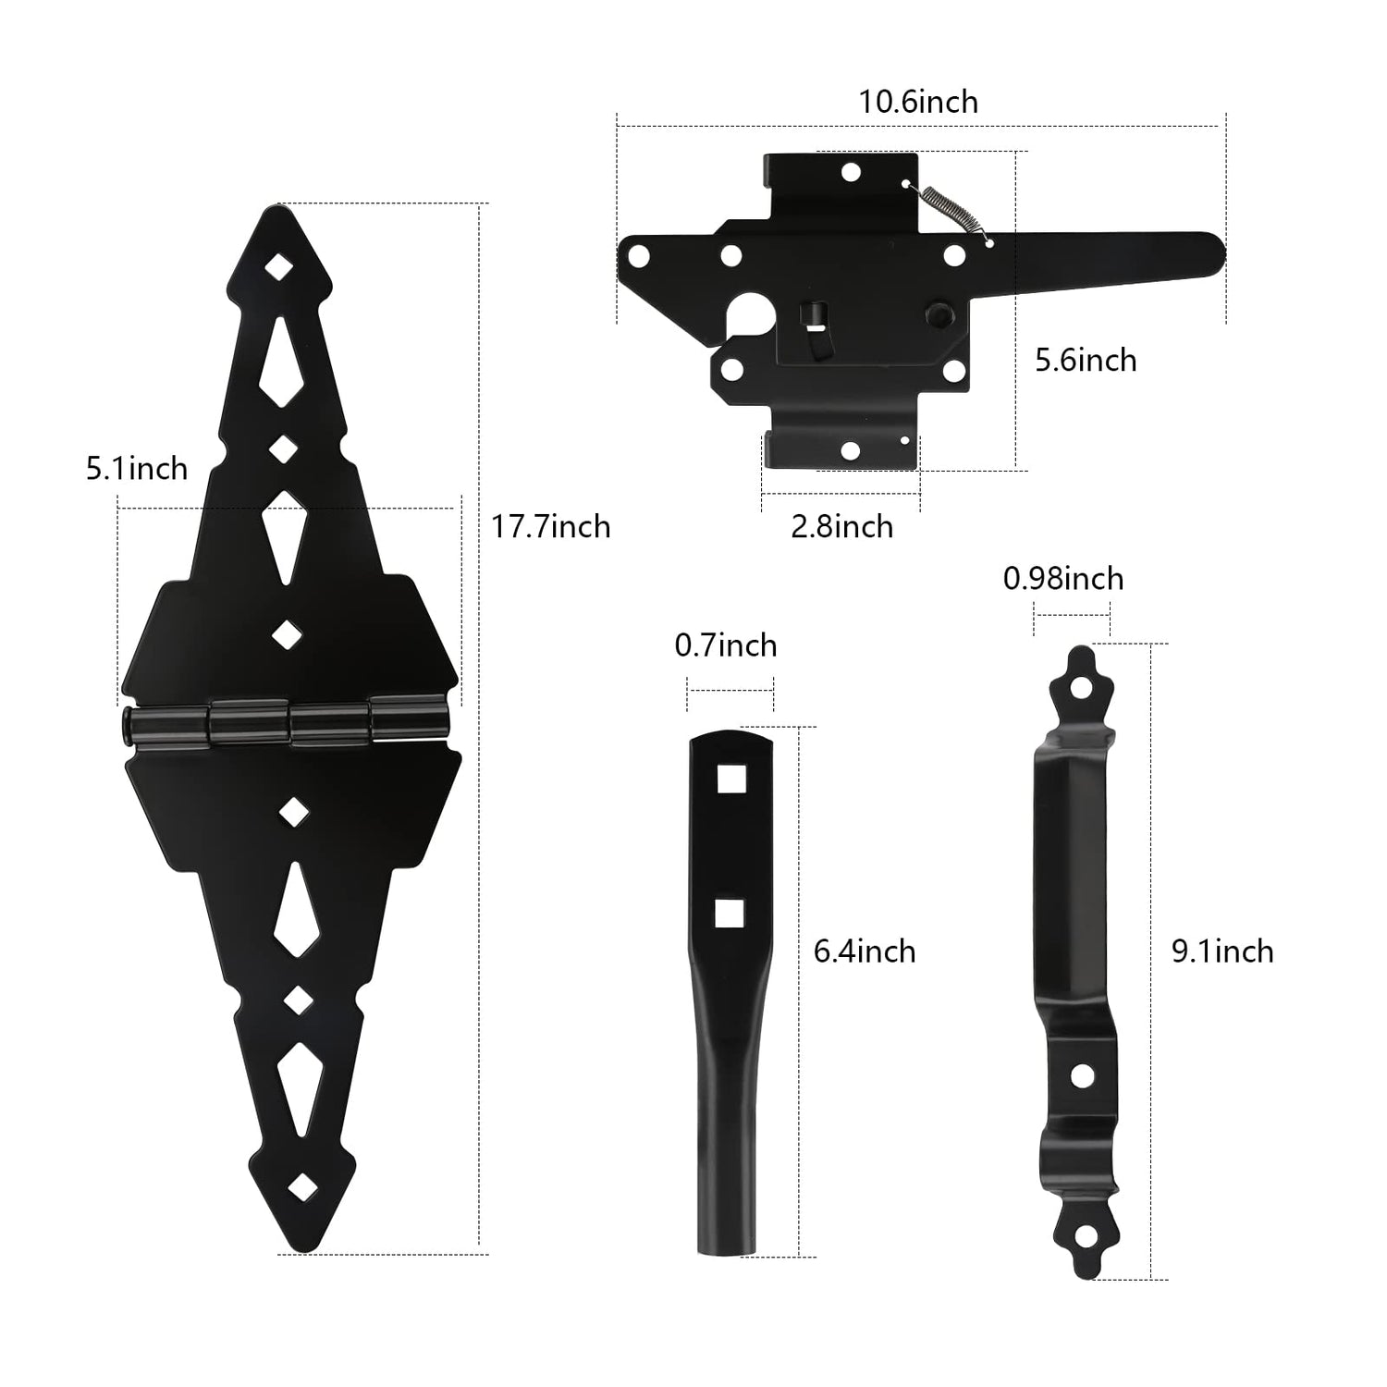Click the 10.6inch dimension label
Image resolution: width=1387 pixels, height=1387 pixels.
coord(918,102)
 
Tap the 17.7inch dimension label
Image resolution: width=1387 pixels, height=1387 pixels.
coord(550,527)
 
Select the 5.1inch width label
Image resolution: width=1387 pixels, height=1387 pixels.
coord(137,469)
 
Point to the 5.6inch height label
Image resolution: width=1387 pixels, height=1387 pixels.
coord(1086,360)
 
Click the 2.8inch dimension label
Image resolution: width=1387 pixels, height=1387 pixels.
coord(841,527)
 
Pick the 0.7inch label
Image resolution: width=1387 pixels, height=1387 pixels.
coord(726,645)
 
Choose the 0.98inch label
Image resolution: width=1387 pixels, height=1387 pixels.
coord(1063,579)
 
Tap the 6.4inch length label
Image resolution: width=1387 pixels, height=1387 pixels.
coord(865,951)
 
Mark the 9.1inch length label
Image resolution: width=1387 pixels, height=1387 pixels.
coord(1222,951)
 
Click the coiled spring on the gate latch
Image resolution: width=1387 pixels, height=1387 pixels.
coord(949,213)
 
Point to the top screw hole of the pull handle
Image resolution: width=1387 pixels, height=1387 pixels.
coord(1081,689)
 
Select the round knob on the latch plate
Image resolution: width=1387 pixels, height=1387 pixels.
coord(936,314)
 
